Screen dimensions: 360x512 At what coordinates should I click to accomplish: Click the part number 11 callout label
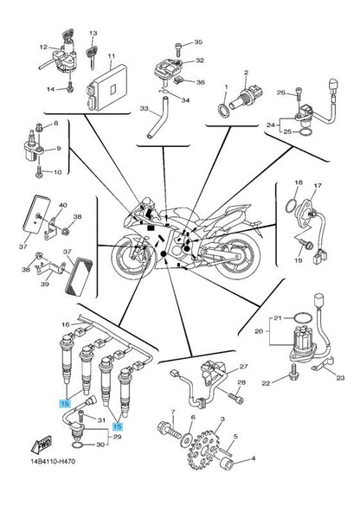[112, 56]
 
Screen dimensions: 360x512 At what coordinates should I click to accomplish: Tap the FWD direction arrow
[41, 445]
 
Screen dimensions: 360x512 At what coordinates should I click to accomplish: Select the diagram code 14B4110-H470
[53, 461]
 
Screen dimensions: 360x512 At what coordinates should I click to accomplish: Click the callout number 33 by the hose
[144, 108]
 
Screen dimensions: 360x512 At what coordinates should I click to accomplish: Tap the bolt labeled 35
[178, 48]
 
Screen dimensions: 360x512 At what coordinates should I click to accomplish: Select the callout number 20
[259, 331]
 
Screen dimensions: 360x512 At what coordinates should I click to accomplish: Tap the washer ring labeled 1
[224, 109]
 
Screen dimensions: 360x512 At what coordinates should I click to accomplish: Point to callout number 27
[244, 367]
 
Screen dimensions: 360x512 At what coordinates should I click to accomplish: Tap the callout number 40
[62, 205]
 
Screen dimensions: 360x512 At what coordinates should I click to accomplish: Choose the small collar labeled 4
[228, 464]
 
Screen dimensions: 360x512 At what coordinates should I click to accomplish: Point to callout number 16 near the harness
[66, 324]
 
